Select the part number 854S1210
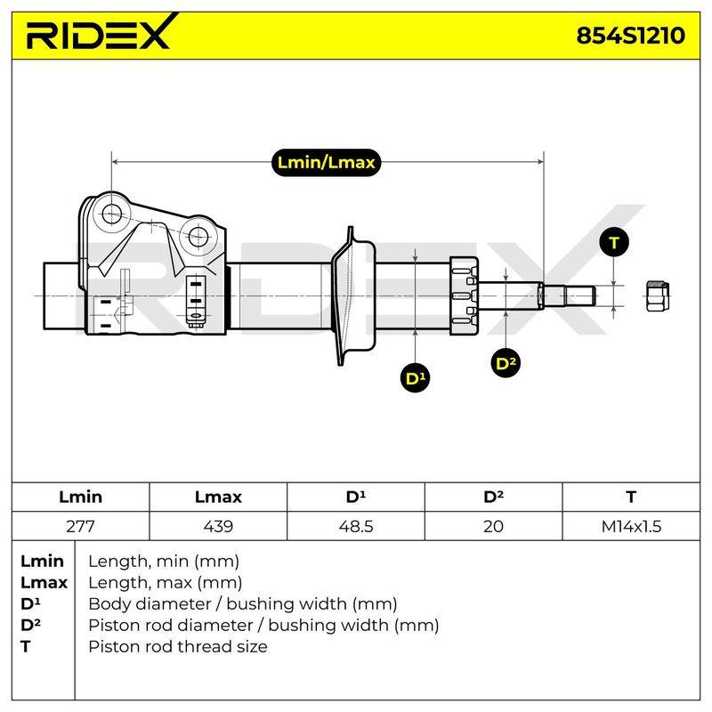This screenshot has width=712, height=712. [630, 36]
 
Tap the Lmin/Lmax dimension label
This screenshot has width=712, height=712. [326, 162]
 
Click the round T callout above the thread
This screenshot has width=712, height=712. [614, 242]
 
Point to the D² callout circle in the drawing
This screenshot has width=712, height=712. [506, 363]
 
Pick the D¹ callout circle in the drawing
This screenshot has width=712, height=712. [416, 377]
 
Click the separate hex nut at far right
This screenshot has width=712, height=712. [658, 296]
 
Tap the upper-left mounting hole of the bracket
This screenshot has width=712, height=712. [111, 214]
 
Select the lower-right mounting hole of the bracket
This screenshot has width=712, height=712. [198, 236]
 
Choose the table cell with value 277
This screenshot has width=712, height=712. [80, 526]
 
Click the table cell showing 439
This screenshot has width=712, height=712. [218, 526]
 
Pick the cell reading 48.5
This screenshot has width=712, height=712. [356, 526]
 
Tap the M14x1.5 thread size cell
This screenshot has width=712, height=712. [631, 526]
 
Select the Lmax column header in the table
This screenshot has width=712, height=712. [218, 497]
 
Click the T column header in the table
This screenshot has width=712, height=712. [631, 497]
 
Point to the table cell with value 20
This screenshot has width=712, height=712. [494, 526]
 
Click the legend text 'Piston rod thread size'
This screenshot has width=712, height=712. [178, 646]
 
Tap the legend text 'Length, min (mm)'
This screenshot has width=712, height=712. [164, 562]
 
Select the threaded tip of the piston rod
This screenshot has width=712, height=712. [570, 296]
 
